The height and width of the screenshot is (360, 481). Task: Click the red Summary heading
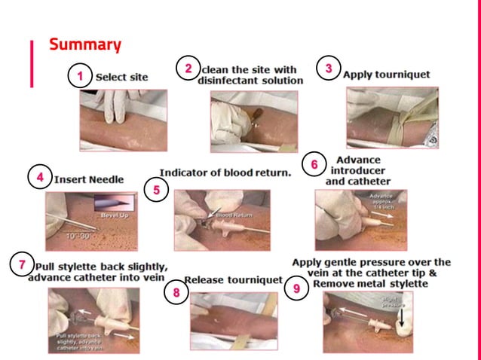coord(85,44)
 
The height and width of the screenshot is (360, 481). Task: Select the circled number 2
coord(188,69)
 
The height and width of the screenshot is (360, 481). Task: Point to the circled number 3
coord(329,68)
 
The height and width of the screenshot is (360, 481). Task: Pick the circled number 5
coord(156,190)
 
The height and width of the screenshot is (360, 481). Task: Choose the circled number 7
coord(22,265)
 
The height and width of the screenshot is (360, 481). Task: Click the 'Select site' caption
coord(121,77)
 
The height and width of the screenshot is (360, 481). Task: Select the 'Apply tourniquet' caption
coord(386,75)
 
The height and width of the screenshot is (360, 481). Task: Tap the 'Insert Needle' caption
coord(89,180)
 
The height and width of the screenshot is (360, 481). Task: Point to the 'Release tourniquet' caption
coord(233,280)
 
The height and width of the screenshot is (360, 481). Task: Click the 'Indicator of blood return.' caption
coord(225,172)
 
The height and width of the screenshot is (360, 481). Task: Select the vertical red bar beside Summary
coord(32,63)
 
